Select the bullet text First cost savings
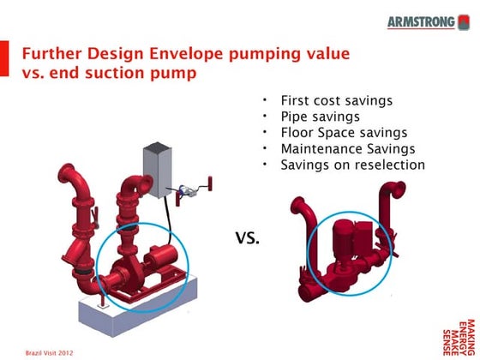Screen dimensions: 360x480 click(x=336, y=101)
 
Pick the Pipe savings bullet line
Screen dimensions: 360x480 click(x=321, y=117)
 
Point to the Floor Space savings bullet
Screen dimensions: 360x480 click(x=344, y=132)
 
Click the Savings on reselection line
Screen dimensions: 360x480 click(x=352, y=164)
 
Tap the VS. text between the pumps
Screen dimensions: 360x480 click(x=248, y=237)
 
